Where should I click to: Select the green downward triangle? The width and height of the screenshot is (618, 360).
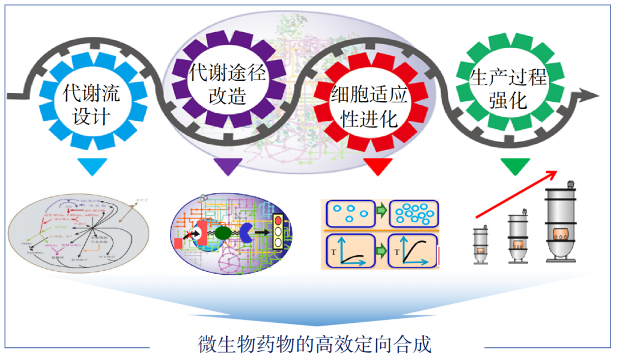pos(514,167)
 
